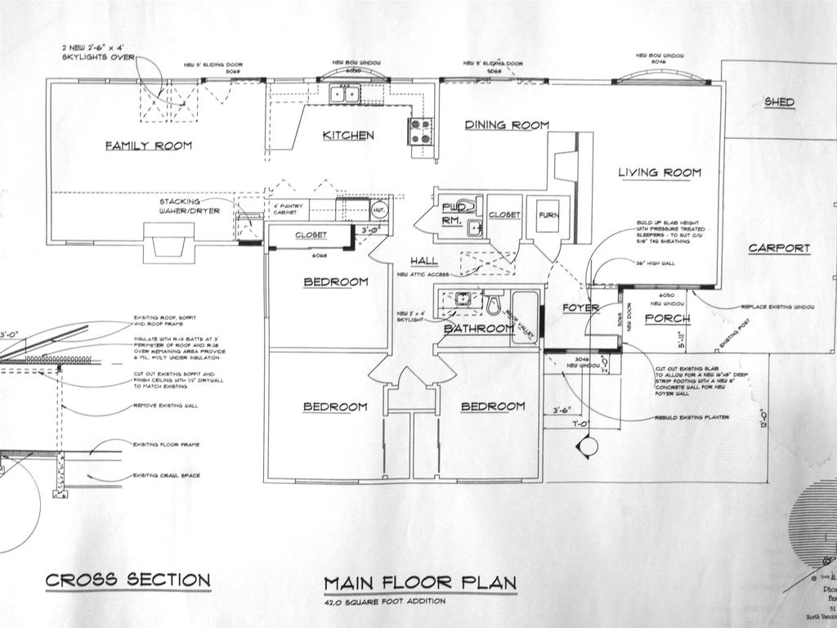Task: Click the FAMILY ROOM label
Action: [x=148, y=146]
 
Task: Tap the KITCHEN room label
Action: [x=348, y=135]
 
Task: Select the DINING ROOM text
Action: [x=507, y=125]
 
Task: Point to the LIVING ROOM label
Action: [x=659, y=173]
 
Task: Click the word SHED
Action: [x=779, y=102]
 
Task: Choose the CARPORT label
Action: [x=779, y=248]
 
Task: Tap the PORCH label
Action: [x=668, y=318]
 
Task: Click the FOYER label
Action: [x=581, y=308]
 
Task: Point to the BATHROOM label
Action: [x=479, y=329]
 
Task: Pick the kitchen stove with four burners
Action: [x=420, y=131]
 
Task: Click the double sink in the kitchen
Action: [x=343, y=95]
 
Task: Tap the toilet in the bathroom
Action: [x=494, y=304]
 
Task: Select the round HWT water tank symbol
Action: [x=379, y=209]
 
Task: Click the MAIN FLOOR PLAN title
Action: [x=420, y=583]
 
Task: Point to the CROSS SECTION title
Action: [x=128, y=581]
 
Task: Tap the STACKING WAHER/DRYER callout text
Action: [x=190, y=206]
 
